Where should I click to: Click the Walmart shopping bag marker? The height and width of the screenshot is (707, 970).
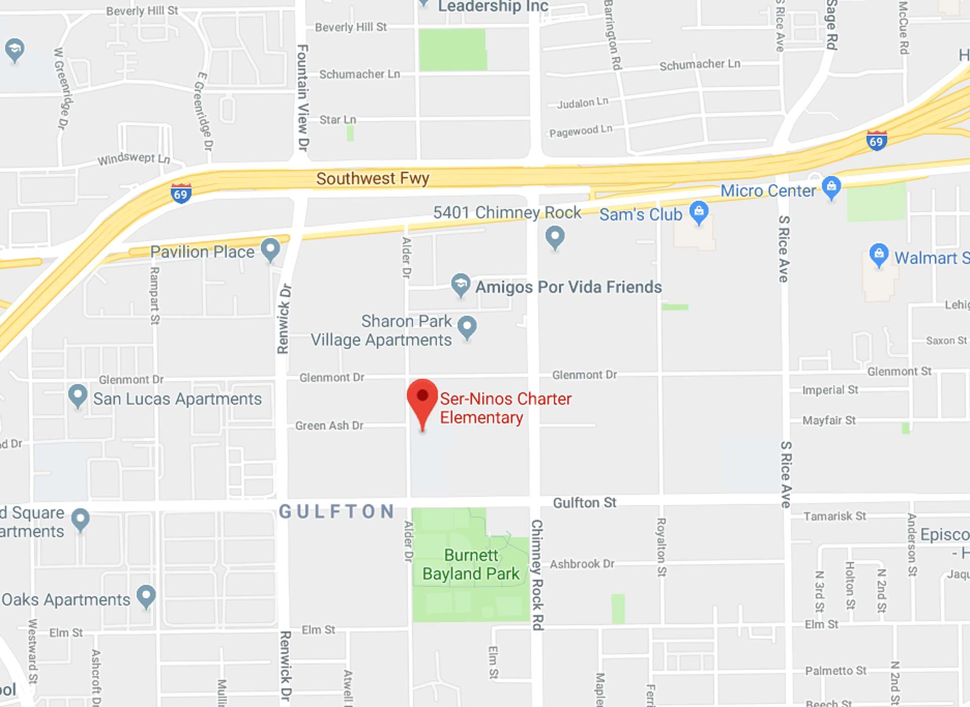pyautogui.click(x=879, y=255)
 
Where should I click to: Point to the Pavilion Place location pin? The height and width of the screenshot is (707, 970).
pyautogui.click(x=270, y=249)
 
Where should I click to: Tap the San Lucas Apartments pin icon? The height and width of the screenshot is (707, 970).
pyautogui.click(x=77, y=395)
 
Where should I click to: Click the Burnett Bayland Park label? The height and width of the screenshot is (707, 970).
pyautogui.click(x=470, y=565)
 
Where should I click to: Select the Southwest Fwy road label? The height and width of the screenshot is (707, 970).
pyautogui.click(x=372, y=178)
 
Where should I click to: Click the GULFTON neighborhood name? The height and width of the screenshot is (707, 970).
pyautogui.click(x=336, y=511)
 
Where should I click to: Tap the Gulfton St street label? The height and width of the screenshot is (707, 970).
pyautogui.click(x=585, y=502)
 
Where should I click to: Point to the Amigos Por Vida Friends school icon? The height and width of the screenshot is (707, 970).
pyautogui.click(x=460, y=285)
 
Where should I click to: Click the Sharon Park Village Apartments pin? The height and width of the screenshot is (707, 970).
pyautogui.click(x=467, y=327)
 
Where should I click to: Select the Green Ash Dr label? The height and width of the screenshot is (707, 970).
pyautogui.click(x=329, y=426)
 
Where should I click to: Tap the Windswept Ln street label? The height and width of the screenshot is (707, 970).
pyautogui.click(x=133, y=159)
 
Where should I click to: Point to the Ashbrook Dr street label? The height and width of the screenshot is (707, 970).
pyautogui.click(x=582, y=564)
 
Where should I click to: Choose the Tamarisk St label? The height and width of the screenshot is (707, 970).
pyautogui.click(x=835, y=516)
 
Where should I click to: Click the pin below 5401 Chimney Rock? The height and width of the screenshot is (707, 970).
pyautogui.click(x=555, y=236)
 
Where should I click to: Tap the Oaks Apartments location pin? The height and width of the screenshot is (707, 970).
pyautogui.click(x=147, y=596)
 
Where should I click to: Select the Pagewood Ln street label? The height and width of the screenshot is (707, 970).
pyautogui.click(x=580, y=131)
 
